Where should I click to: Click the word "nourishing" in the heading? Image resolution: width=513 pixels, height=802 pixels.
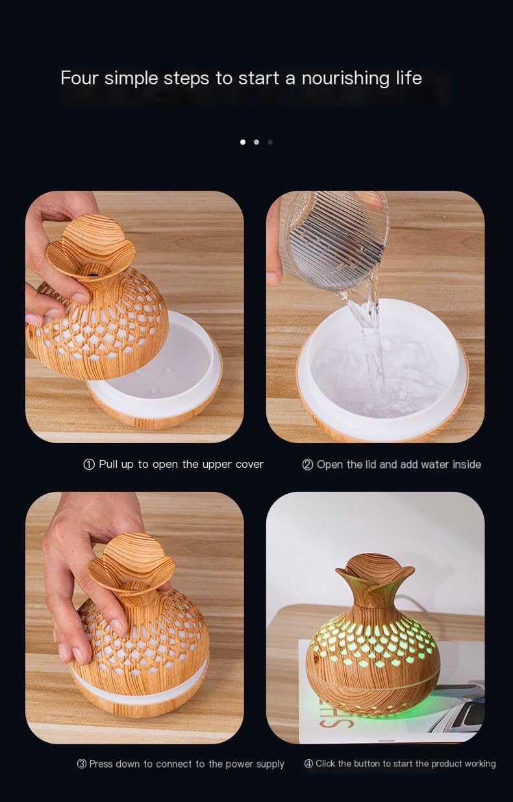pos(337,79)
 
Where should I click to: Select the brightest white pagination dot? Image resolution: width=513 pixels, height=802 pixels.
pos(243,141)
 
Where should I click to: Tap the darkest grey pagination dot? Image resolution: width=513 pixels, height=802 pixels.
pos(270,141)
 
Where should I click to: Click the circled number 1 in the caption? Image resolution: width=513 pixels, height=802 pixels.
pos(89,465)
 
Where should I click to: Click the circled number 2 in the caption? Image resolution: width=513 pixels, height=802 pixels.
pos(308,465)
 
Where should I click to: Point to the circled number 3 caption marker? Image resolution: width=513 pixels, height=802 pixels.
pos(82,764)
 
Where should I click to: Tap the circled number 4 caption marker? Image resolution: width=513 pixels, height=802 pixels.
pos(309,764)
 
